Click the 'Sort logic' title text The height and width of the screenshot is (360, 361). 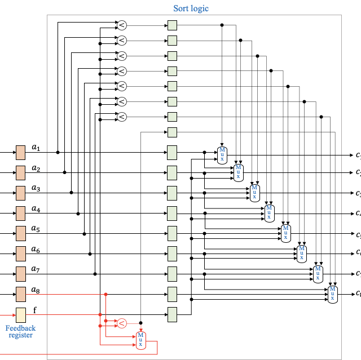click(191, 8)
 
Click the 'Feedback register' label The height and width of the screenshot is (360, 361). click(21, 332)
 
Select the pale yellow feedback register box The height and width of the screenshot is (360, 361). click(21, 315)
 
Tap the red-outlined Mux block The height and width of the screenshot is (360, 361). click(141, 340)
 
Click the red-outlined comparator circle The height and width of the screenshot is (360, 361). click(121, 323)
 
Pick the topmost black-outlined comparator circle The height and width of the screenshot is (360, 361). click(121, 25)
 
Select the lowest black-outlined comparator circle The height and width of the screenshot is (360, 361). click(121, 117)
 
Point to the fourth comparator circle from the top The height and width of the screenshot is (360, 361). click(121, 72)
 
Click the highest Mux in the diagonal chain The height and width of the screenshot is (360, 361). click(222, 155)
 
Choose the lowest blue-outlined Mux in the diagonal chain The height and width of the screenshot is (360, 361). click(333, 294)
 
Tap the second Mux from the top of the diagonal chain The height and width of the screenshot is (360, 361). click(238, 172)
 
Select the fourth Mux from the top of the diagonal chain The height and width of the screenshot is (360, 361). click(270, 213)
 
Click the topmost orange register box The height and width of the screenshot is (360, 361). click(21, 153)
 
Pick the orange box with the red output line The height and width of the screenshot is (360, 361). click(21, 294)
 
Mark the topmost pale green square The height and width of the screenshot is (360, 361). click(172, 25)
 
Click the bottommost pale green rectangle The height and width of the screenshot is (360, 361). click(172, 314)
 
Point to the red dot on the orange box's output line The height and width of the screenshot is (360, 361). click(105, 294)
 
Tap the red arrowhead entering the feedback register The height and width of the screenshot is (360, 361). click(14, 315)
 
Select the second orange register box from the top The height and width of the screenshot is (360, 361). click(21, 173)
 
